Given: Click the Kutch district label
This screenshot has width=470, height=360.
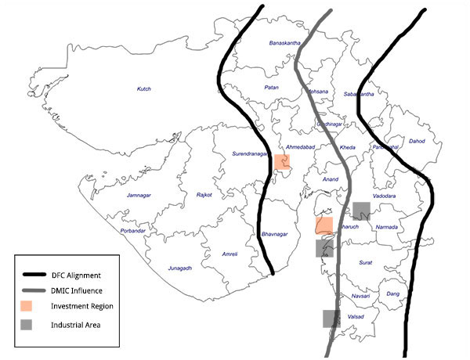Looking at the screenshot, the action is (143, 89).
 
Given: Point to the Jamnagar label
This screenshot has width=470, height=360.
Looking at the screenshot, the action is (138, 194).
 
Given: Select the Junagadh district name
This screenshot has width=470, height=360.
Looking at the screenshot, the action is (179, 268).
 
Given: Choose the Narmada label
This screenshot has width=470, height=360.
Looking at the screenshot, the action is (388, 227).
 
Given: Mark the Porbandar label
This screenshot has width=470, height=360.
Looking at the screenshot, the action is (132, 231).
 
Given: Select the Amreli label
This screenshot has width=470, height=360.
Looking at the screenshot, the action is (230, 254).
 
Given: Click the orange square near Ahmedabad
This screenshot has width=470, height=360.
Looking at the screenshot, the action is (283, 162).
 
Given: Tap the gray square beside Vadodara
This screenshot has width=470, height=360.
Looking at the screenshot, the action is (361, 211).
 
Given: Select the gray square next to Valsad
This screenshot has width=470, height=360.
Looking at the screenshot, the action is (331, 318).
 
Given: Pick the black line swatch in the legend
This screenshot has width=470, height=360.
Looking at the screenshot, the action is (37, 275).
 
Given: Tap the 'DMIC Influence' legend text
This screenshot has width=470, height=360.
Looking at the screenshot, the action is (78, 290).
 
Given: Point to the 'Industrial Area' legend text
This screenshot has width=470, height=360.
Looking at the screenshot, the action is (77, 323).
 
